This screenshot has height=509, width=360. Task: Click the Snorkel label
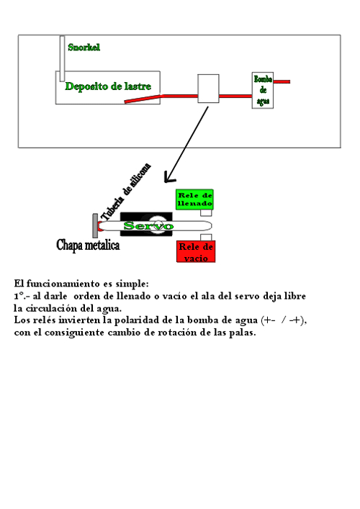[x=84, y=48]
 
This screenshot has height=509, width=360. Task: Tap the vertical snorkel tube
[x=62, y=58]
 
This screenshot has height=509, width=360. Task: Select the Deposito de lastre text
[x=108, y=86]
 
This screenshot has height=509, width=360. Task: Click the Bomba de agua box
[x=263, y=90]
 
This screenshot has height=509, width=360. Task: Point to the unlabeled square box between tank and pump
[x=208, y=89]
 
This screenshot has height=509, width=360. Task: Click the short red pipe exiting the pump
[x=282, y=82]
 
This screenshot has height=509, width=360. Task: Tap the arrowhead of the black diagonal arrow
[x=168, y=178]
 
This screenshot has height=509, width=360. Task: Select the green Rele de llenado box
[x=194, y=199]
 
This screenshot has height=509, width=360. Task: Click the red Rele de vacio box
[x=196, y=251]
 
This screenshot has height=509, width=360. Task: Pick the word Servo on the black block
[x=148, y=225]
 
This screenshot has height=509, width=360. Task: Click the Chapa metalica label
[x=88, y=245]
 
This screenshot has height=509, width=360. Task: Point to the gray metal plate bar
[x=95, y=225]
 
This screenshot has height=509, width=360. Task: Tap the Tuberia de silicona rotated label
[x=126, y=192]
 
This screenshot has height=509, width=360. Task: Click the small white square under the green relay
[x=206, y=213]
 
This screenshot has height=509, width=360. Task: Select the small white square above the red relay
[x=206, y=238]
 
